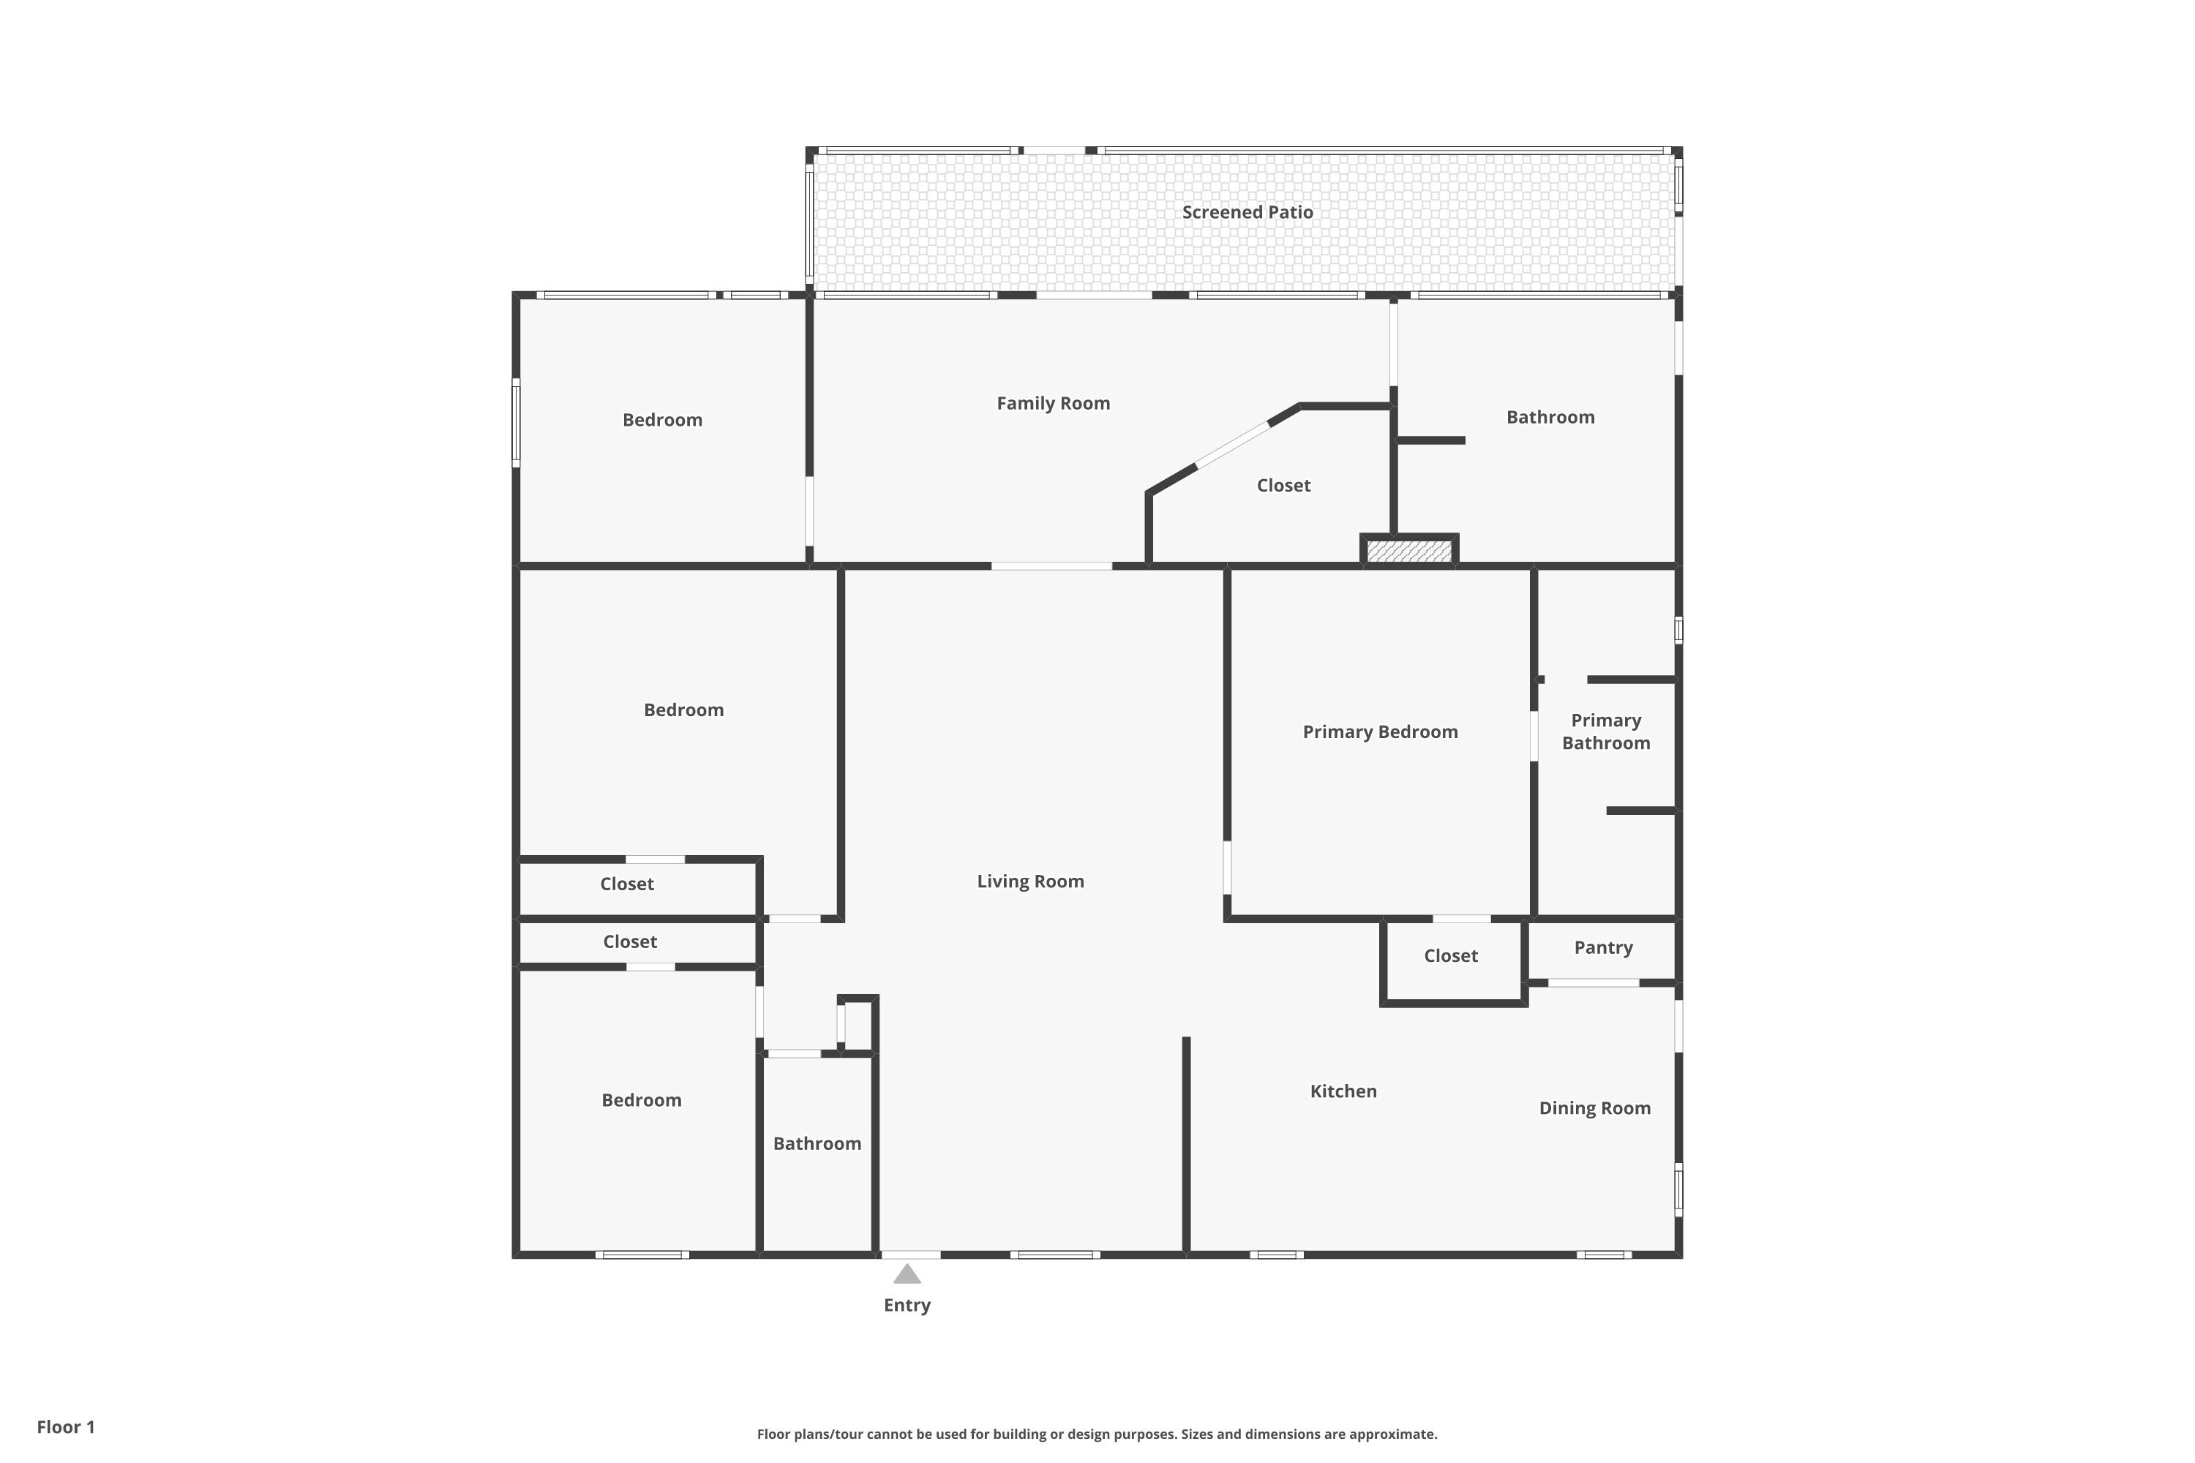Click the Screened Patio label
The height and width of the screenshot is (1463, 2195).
click(x=1247, y=212)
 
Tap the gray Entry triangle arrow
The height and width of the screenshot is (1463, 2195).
click(x=907, y=1274)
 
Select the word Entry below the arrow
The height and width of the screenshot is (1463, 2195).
click(x=907, y=1305)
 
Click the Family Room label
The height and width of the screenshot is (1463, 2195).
click(x=1053, y=403)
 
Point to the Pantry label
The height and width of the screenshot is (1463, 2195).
click(x=1602, y=948)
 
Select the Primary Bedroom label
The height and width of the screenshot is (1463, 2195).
click(x=1379, y=731)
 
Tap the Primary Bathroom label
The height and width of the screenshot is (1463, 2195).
click(x=1605, y=731)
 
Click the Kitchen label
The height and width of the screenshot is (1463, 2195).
click(x=1343, y=1091)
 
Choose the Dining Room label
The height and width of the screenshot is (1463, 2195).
click(x=1594, y=1108)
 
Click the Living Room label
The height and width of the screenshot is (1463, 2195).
click(x=1030, y=881)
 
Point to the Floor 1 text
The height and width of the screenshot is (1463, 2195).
click(x=65, y=1426)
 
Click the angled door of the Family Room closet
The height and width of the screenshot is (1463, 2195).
click(x=1233, y=445)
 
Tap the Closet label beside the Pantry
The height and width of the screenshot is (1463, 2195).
click(x=1450, y=955)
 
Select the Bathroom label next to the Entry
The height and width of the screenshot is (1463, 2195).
click(x=817, y=1144)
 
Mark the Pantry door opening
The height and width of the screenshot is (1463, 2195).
click(x=1593, y=982)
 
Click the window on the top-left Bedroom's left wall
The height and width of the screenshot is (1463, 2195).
click(x=516, y=423)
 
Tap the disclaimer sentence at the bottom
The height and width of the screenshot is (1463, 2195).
click(x=1097, y=1434)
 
